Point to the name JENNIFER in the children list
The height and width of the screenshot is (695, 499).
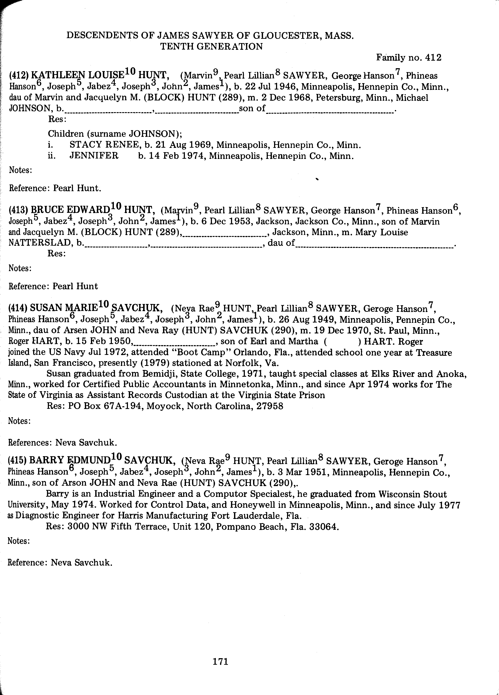click(x=94, y=156)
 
